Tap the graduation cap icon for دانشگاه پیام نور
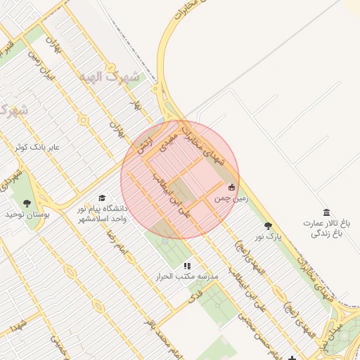click(x=102, y=198)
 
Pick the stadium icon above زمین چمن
click(x=232, y=187)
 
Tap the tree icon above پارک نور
click(x=268, y=226)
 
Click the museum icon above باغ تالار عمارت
click(x=326, y=212)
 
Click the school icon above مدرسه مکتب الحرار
click(x=187, y=266)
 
